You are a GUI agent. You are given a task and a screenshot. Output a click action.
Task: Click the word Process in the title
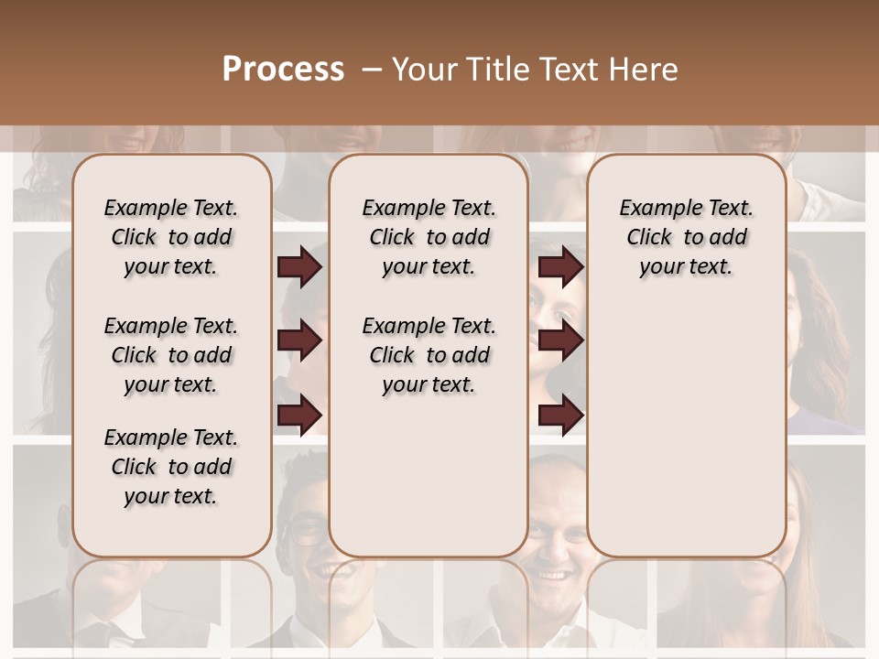(x=283, y=70)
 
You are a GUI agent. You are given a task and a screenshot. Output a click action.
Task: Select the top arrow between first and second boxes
(x=299, y=267)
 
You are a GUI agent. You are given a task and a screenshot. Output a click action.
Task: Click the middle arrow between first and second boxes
(x=299, y=340)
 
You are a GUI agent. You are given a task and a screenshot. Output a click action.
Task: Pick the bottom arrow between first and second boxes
(x=299, y=414)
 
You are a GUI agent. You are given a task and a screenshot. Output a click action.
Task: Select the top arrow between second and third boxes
(x=560, y=267)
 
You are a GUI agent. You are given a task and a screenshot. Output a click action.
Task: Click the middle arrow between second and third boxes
(x=560, y=340)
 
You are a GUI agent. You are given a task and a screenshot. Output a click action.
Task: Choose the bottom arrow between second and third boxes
(x=560, y=414)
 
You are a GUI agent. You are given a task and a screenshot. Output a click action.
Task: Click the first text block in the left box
(x=171, y=237)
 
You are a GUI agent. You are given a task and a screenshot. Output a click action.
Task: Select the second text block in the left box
(x=171, y=355)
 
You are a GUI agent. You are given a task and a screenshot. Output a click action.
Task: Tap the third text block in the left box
(x=171, y=467)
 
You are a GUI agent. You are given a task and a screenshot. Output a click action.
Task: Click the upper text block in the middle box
(x=429, y=237)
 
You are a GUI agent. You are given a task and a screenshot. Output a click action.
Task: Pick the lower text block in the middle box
(x=429, y=355)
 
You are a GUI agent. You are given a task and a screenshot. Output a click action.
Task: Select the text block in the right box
(x=686, y=237)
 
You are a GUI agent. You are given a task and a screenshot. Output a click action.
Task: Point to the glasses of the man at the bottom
(x=309, y=531)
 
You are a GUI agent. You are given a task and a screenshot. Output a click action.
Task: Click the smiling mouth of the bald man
(x=552, y=575)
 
